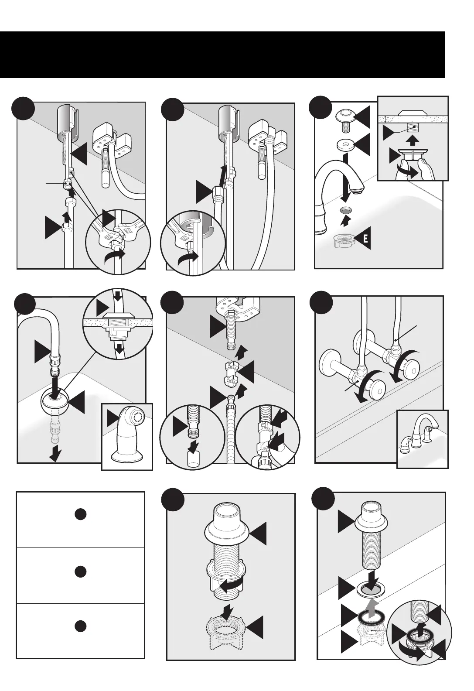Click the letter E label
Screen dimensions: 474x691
click(366, 239)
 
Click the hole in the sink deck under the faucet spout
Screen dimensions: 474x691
click(345, 210)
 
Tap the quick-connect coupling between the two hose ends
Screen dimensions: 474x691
click(231, 373)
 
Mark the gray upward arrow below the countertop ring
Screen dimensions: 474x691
click(370, 608)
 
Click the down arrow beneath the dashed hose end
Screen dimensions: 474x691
click(55, 454)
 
